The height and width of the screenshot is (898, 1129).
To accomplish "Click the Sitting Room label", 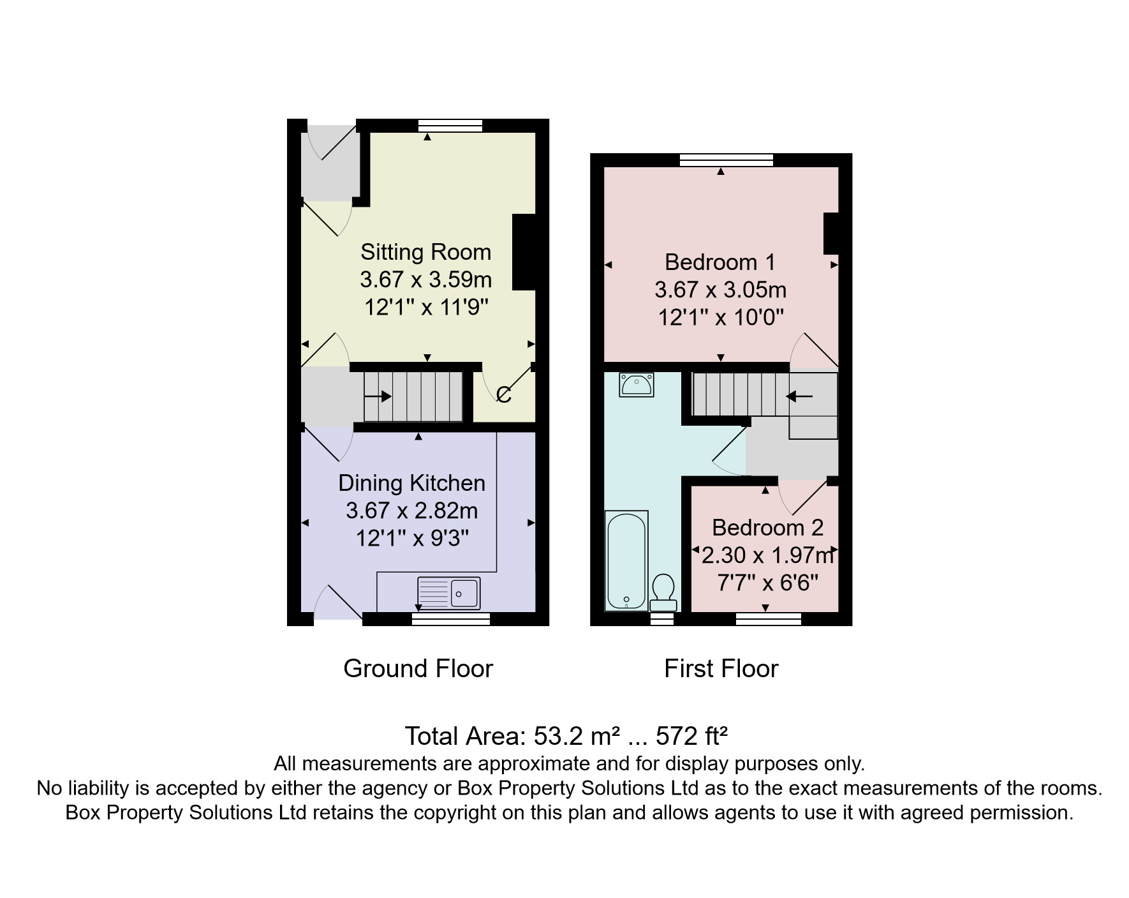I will click(425, 252).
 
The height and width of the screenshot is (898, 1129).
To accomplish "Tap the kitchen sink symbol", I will click(448, 593).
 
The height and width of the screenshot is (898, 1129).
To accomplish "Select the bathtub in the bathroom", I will click(626, 560).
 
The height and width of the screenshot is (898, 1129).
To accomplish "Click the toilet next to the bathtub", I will click(663, 592).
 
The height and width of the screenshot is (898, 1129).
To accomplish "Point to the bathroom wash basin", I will click(637, 385).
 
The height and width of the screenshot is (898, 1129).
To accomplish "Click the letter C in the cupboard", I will click(503, 396).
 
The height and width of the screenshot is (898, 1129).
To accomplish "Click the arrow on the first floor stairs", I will click(799, 396).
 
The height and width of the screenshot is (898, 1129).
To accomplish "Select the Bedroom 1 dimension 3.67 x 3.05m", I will click(720, 290).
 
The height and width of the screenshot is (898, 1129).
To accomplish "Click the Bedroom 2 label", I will click(767, 528).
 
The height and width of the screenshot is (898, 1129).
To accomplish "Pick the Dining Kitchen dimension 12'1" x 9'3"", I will click(412, 538).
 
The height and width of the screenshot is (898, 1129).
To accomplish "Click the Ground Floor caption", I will click(418, 669).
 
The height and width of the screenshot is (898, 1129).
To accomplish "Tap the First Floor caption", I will click(721, 669).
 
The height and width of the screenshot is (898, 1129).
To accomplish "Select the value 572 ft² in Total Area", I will click(691, 736).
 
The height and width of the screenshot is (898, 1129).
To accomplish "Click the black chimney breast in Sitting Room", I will click(524, 253).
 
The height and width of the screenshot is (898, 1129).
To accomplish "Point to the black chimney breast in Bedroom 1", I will click(830, 234).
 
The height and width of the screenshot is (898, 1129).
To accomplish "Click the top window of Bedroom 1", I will click(726, 160).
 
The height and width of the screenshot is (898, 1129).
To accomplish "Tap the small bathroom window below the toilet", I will click(662, 618).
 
